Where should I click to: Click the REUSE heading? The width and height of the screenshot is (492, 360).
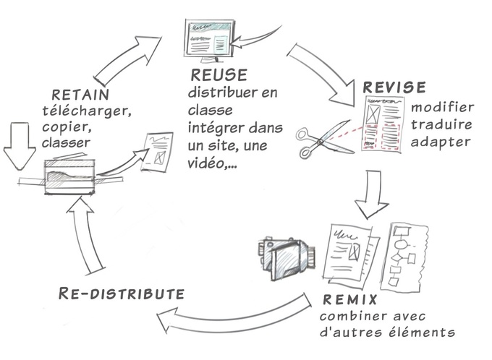(x=219, y=75)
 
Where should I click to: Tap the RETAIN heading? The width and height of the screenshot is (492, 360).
(x=80, y=95)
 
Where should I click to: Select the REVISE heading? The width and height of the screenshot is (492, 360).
(x=394, y=87)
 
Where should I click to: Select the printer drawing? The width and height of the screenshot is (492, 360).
(x=70, y=173)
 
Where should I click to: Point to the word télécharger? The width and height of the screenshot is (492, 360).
(x=80, y=111)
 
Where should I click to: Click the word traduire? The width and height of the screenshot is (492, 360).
(x=441, y=124)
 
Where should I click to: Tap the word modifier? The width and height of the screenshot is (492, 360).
(x=442, y=107)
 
